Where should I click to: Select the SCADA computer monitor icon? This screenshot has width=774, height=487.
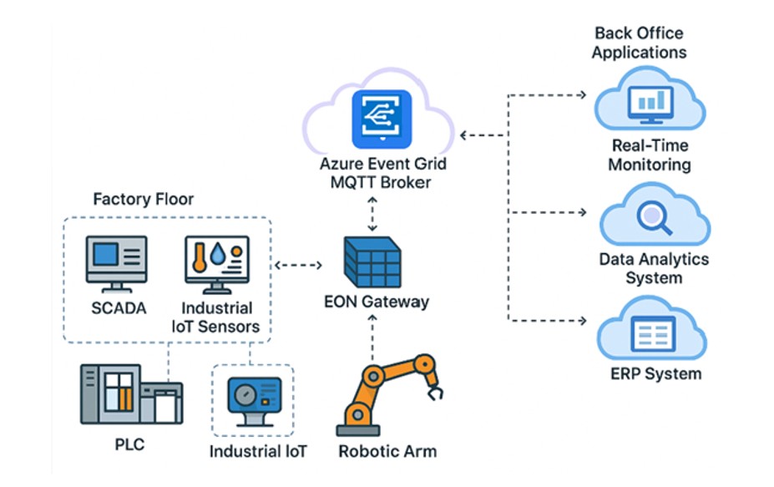117,263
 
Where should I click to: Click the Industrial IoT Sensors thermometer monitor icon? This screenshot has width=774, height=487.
215,263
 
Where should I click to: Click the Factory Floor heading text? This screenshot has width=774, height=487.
143,200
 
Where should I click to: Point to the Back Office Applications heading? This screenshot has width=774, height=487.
639,43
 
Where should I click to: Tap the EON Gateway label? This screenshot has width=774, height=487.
376,302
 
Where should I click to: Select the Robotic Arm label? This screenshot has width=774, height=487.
387,452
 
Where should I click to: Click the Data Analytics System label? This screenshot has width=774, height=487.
653,268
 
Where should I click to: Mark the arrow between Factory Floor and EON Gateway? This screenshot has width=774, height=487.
298,266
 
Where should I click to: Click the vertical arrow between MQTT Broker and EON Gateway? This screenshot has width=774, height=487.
372,215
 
